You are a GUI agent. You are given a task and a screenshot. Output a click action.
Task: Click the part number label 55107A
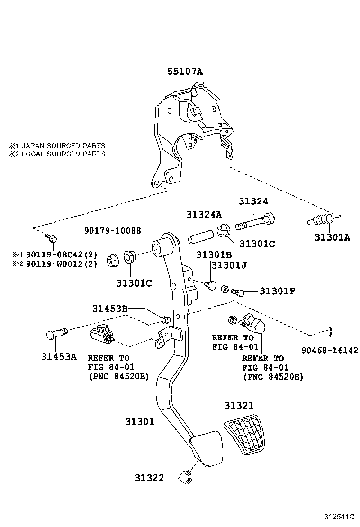(x=185, y=72)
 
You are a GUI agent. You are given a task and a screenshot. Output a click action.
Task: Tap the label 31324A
(x=204, y=215)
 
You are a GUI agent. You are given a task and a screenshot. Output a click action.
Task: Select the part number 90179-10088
(x=112, y=230)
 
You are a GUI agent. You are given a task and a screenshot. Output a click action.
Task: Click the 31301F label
(x=277, y=291)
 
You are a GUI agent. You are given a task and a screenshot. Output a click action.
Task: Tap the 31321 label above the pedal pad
(x=239, y=405)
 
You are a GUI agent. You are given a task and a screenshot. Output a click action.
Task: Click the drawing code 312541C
(x=339, y=516)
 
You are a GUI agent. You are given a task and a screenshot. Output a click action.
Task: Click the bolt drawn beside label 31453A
(x=56, y=334)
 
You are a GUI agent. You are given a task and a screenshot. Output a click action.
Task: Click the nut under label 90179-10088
(x=112, y=260)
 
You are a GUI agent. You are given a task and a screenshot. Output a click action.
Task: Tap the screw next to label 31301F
(x=237, y=292)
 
